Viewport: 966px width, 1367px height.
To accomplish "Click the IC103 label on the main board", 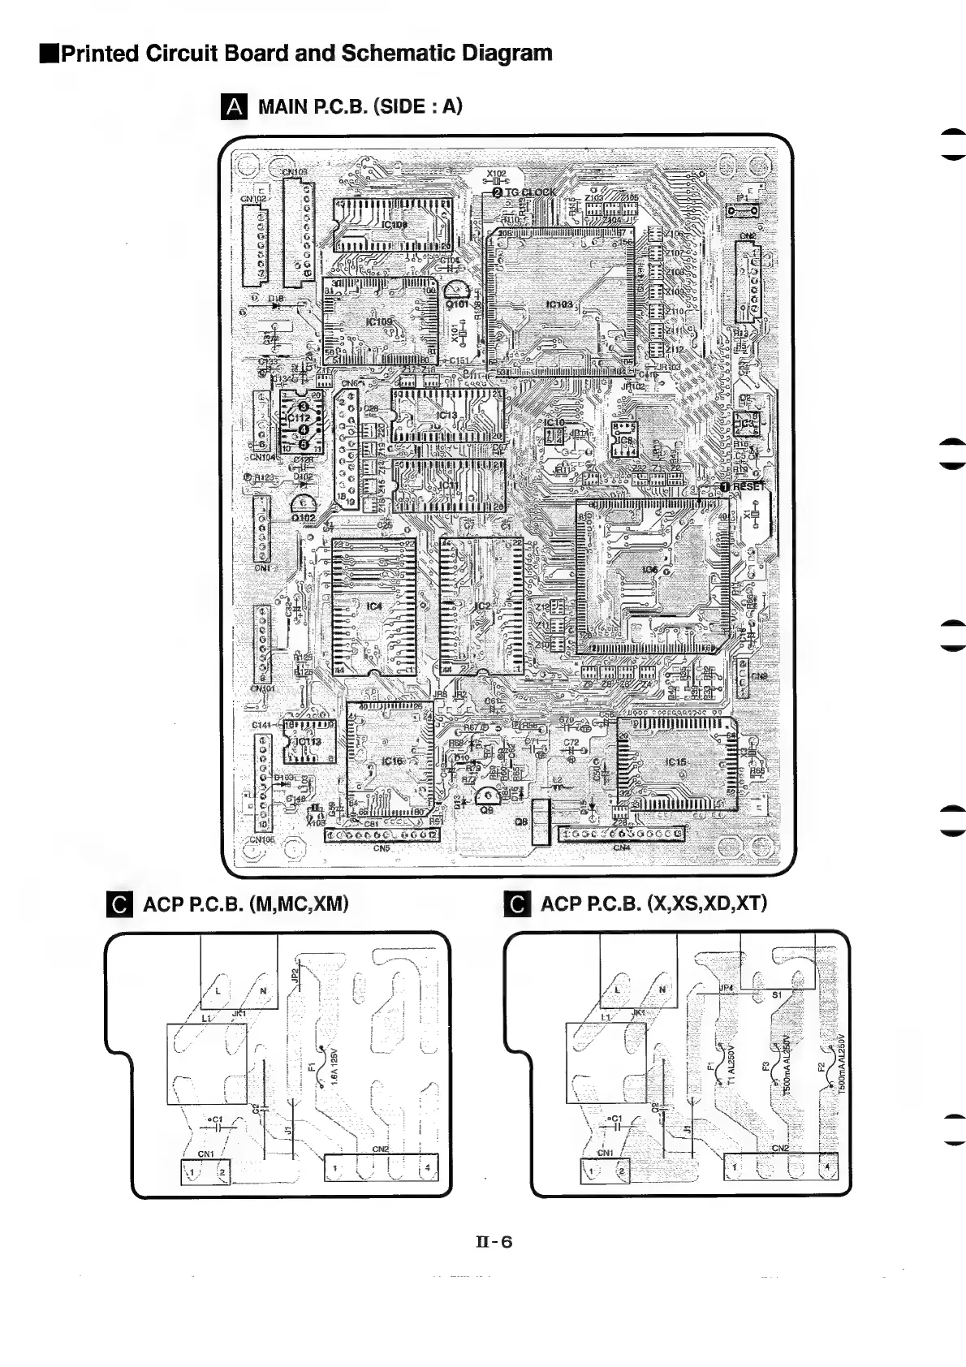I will pyautogui.click(x=558, y=304).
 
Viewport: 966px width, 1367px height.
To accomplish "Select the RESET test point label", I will pyautogui.click(x=748, y=486).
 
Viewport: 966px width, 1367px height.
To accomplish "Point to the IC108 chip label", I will pyautogui.click(x=395, y=224).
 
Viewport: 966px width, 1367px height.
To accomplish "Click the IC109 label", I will pyautogui.click(x=378, y=321).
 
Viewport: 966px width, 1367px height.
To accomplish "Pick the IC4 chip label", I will pyautogui.click(x=373, y=606).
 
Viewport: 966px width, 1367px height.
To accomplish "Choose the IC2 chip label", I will pyautogui.click(x=482, y=606).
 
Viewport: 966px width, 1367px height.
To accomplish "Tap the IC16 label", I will pyautogui.click(x=392, y=761).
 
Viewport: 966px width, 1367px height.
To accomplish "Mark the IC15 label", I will pyautogui.click(x=675, y=762).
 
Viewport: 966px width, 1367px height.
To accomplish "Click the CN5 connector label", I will pyautogui.click(x=382, y=849).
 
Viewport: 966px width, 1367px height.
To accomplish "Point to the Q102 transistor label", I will pyautogui.click(x=304, y=517).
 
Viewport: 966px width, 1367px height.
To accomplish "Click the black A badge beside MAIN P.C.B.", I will pyautogui.click(x=233, y=106).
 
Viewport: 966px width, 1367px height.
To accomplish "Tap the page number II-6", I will pyautogui.click(x=494, y=1241).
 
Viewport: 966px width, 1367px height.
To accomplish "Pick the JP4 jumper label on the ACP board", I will pyautogui.click(x=726, y=988).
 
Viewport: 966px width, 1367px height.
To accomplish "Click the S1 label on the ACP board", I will pyautogui.click(x=777, y=994).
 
